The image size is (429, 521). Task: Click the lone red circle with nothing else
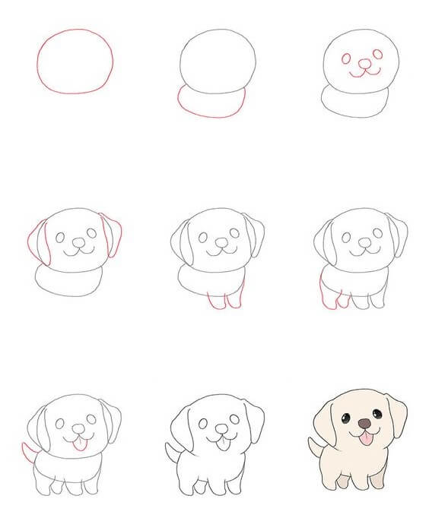pos(75,61)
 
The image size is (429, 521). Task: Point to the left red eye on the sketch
pos(347,58)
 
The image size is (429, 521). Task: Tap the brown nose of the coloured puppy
pos(365,422)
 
